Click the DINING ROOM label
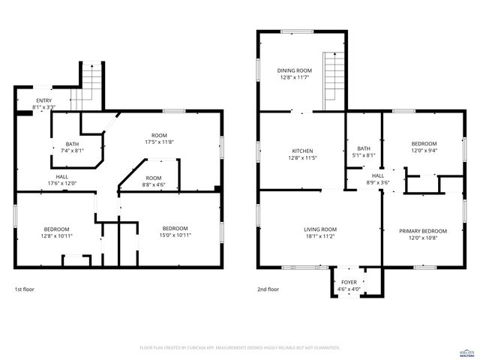click(295, 70)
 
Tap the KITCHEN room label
click(302, 151)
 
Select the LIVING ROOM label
click(319, 229)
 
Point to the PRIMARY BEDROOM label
click(422, 231)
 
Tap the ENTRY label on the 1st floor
click(44, 100)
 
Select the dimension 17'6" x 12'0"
click(62, 183)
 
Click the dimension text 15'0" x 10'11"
click(175, 235)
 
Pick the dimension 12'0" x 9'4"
click(423, 150)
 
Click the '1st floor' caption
click(24, 289)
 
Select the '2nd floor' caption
click(268, 289)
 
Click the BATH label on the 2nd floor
click(364, 148)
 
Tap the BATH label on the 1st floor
click(72, 144)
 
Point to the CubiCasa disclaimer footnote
click(240, 347)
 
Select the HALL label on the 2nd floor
click(367, 175)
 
